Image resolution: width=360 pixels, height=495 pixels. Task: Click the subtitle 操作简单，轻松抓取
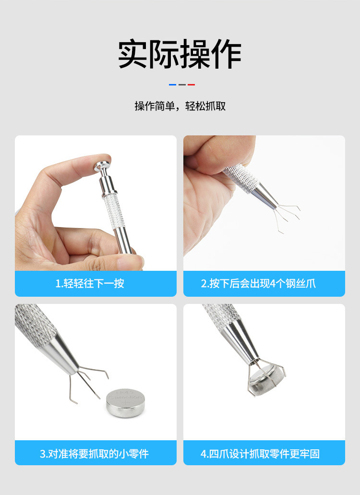[x=180, y=107]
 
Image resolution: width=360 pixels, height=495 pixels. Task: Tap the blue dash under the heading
[x=172, y=85]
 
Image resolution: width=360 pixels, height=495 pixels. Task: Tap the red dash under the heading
[x=191, y=85]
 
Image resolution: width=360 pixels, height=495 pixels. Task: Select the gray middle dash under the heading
[x=182, y=85]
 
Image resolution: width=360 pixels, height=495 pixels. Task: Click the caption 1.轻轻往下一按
[x=90, y=284]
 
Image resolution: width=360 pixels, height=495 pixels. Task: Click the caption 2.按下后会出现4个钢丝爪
[x=258, y=284]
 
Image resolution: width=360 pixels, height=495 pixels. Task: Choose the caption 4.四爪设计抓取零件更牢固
[x=260, y=453]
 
